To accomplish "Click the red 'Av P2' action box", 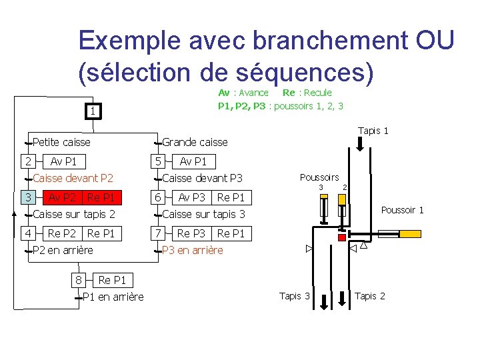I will tap(62, 197).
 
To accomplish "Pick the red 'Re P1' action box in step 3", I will tap(101, 197).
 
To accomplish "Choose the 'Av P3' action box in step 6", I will tap(192, 197).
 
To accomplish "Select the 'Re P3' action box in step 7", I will tap(192, 233).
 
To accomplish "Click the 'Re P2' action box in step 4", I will tap(62, 233).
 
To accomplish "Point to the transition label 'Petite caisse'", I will tap(61, 142).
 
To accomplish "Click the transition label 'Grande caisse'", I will tap(195, 142).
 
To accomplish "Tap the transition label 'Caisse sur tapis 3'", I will tap(203, 214).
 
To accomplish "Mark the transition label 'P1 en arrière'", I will tap(112, 297).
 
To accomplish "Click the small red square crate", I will tap(342, 237).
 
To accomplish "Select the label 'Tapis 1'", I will tap(373, 131).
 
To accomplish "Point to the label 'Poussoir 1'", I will tap(402, 210).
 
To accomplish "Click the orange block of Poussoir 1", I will tap(387, 234).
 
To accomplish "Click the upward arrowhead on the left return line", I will tap(15, 214).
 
